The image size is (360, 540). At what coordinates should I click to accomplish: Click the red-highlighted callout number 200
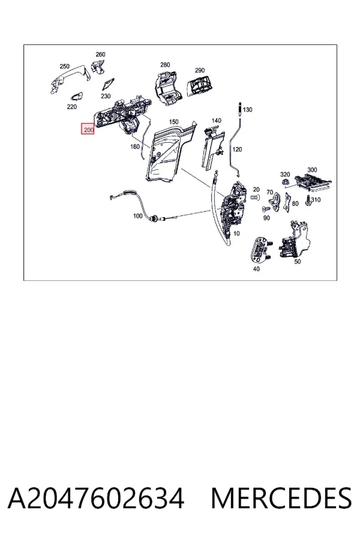coord(88,130)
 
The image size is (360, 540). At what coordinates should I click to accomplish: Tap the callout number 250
coord(64,66)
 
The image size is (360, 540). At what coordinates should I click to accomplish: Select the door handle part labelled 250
coord(70,80)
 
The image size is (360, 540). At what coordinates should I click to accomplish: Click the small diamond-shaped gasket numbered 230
coord(109,83)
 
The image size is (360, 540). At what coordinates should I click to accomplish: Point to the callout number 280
coord(165,64)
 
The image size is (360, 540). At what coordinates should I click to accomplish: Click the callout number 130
coord(247,110)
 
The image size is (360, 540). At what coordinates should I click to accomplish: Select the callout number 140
coord(217,121)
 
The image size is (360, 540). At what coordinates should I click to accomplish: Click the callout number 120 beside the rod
coord(237,149)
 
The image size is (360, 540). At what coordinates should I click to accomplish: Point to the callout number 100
coord(137,216)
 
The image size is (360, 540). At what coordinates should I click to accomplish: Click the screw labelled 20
coord(255,197)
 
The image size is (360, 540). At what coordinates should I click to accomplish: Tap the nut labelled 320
coord(285,182)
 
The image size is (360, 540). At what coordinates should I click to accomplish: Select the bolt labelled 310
coord(308,201)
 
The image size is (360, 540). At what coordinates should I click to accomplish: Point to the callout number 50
coord(298,262)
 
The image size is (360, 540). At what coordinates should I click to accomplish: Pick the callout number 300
coord(312,170)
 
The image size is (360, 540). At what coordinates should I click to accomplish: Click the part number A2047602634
coord(96,499)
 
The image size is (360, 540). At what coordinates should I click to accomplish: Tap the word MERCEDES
coord(281,499)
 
